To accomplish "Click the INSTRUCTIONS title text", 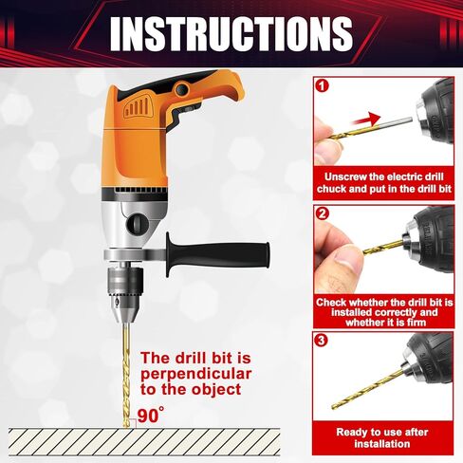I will [231, 34].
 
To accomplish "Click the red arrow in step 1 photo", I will [364, 120].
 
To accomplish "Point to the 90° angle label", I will [150, 415].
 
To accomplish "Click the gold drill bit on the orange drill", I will [126, 370].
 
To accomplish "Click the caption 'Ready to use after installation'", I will [383, 436].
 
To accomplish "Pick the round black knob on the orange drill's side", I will [138, 224].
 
